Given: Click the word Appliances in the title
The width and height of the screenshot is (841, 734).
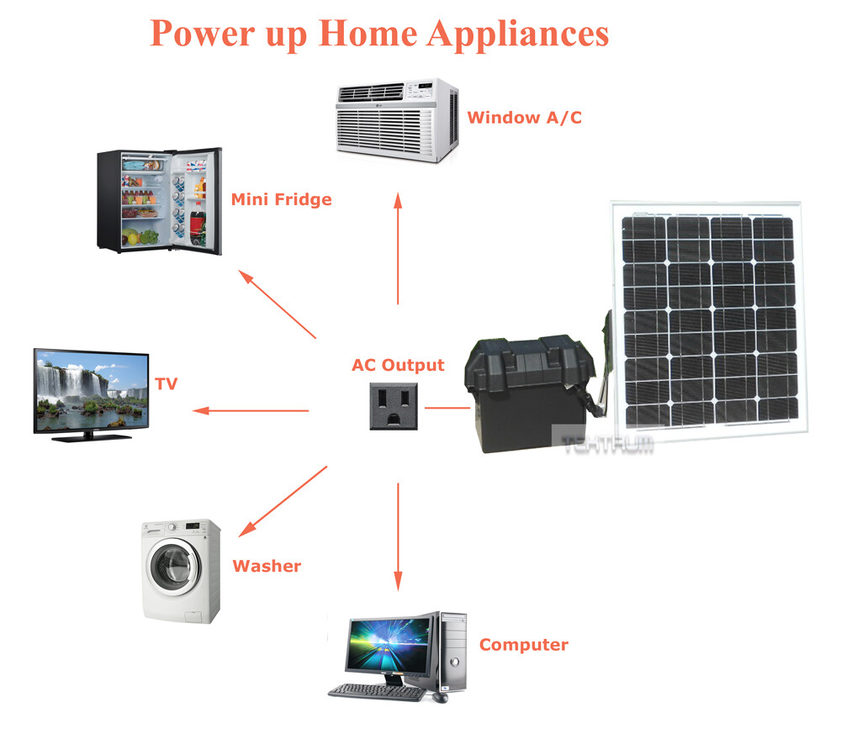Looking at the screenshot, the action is click(x=518, y=34).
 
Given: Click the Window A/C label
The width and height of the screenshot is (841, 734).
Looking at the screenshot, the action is click(x=525, y=118).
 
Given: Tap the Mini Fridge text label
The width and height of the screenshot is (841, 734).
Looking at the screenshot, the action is click(x=282, y=199).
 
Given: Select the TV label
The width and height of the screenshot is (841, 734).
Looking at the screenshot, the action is click(x=167, y=384).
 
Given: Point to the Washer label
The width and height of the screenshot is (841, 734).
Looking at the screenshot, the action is click(x=267, y=566).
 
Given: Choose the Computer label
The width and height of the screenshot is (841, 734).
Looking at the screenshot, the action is click(x=524, y=645).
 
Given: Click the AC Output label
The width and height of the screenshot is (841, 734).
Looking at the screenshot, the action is click(x=398, y=365).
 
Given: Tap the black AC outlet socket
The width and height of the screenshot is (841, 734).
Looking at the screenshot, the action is click(x=394, y=406).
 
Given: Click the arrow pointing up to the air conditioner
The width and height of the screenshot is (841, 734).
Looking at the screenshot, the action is click(x=398, y=249).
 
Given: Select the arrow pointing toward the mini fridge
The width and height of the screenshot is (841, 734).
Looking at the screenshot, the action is click(x=278, y=304).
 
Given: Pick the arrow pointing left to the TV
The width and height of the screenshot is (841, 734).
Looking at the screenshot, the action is click(x=251, y=411).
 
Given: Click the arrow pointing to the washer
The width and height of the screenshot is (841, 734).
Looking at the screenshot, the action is click(x=283, y=501).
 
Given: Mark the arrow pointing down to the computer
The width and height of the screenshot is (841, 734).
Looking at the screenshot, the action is click(x=398, y=537).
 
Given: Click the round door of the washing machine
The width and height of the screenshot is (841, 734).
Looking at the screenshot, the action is click(x=171, y=568).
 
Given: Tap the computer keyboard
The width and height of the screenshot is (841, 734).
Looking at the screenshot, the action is click(x=377, y=692).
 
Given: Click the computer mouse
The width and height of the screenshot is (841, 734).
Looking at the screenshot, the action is click(x=440, y=697).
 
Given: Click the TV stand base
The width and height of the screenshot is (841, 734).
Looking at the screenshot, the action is click(x=92, y=437).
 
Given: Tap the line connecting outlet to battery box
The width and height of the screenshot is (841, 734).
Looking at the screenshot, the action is click(x=447, y=408).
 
